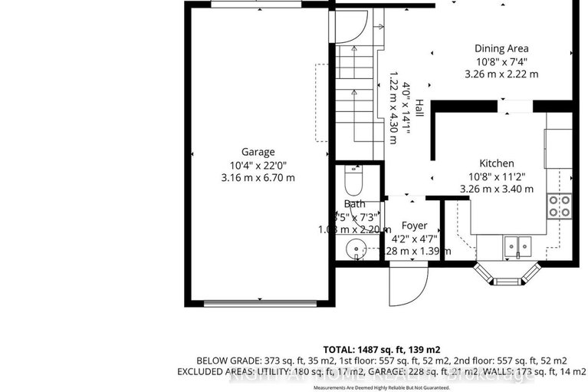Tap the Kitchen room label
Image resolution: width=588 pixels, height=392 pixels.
[x=496, y=163]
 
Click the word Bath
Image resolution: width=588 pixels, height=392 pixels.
[x=354, y=203]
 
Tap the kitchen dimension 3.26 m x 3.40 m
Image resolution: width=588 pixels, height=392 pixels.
[x=496, y=189]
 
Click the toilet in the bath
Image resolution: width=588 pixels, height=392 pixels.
[x=353, y=183]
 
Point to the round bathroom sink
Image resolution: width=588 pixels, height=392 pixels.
[x=353, y=249]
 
